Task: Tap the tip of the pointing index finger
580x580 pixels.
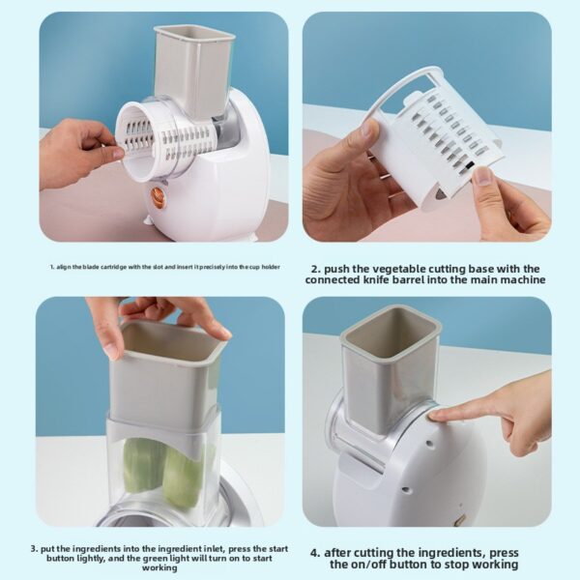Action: [x=433, y=413]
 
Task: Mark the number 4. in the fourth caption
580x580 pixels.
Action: [x=315, y=552]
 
